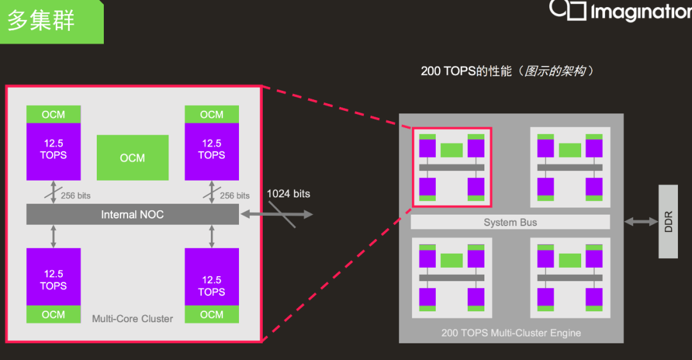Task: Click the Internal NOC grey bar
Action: click(133, 215)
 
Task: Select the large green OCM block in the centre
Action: click(133, 158)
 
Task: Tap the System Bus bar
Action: click(510, 222)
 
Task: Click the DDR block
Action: click(668, 222)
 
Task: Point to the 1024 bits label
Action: click(288, 193)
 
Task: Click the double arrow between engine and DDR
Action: click(641, 222)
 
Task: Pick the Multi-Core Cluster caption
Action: click(133, 318)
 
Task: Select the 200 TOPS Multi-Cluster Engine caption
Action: click(511, 332)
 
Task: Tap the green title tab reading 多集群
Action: click(52, 22)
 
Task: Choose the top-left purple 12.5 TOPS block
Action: click(53, 151)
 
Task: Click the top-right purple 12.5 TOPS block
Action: click(212, 151)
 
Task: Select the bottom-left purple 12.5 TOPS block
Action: click(53, 277)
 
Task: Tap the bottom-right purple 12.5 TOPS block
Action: click(212, 277)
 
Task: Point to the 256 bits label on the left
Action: click(76, 195)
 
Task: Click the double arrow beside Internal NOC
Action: click(277, 215)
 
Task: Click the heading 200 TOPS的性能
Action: click(466, 71)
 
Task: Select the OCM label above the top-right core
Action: click(212, 115)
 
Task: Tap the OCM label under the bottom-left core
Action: click(53, 315)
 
